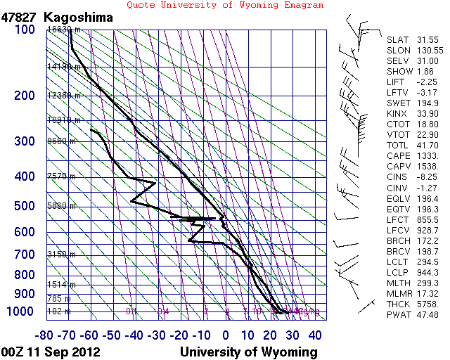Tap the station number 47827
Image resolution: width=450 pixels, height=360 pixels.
(x=19, y=17)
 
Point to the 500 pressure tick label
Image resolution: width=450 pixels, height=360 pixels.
(x=23, y=206)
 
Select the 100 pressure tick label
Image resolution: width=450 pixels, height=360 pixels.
(x=23, y=30)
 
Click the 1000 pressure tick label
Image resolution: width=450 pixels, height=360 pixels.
(x=20, y=311)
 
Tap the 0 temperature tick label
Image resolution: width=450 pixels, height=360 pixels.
(x=226, y=335)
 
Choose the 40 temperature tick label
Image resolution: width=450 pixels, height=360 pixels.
(x=315, y=335)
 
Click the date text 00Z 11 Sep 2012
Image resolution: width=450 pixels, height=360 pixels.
(x=51, y=352)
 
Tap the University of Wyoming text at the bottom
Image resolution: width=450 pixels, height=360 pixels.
(x=249, y=352)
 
